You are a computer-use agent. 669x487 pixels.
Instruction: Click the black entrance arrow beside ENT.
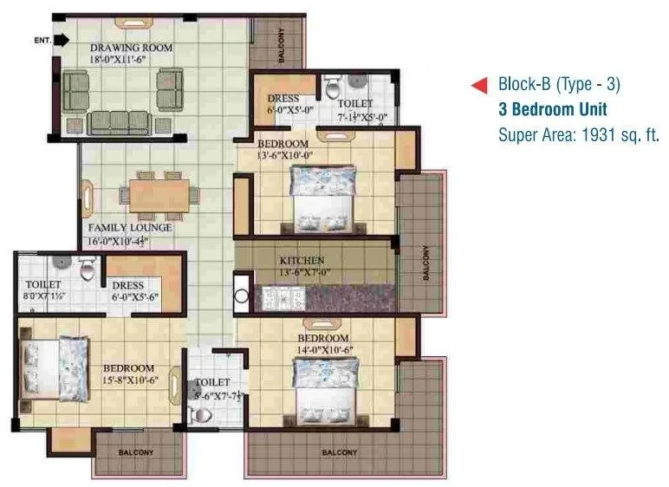click(62, 40)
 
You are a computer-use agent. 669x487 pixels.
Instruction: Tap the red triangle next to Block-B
click(477, 85)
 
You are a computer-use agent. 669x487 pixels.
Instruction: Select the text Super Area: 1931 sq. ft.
click(579, 134)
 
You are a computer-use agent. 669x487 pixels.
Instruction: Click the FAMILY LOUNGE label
click(129, 228)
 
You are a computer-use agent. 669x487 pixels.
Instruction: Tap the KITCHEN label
click(302, 260)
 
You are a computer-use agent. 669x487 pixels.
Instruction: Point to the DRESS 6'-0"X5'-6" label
click(134, 290)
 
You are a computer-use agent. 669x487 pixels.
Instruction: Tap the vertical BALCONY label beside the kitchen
click(425, 262)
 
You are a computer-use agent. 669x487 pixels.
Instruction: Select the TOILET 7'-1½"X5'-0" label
click(356, 109)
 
